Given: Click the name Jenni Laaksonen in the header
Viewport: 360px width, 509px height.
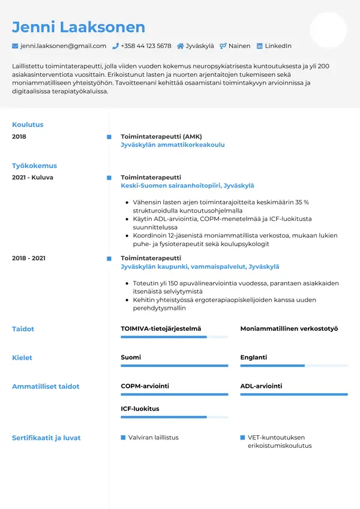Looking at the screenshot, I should [x=79, y=27].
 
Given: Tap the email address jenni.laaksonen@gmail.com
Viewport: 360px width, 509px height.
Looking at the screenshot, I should [x=63, y=46].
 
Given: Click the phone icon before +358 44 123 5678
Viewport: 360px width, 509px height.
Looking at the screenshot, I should [x=115, y=46].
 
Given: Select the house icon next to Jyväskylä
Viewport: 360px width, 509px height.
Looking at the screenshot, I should [x=180, y=46].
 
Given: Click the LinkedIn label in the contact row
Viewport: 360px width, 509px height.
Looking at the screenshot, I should [x=278, y=46].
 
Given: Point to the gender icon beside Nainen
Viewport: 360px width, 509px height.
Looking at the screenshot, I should [x=223, y=46].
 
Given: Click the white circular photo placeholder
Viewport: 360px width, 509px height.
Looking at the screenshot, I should [x=328, y=30].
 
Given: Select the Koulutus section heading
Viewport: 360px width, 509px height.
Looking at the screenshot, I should [x=28, y=125].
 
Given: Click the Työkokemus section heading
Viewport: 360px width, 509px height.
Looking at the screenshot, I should [x=34, y=166].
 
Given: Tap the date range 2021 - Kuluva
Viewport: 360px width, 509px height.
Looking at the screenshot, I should [x=32, y=178].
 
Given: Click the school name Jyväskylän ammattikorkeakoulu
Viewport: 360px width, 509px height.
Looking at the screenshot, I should [x=173, y=145].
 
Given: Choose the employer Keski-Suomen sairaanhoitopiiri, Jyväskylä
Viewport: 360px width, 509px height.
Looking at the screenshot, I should [x=187, y=186].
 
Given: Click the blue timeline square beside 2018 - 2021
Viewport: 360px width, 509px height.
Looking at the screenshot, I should [x=109, y=258].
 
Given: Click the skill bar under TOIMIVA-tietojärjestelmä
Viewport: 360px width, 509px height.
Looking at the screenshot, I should [x=174, y=337].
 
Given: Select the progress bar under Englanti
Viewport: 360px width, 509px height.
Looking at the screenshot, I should [x=294, y=366].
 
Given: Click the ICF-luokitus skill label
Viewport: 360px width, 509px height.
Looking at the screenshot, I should [x=140, y=409].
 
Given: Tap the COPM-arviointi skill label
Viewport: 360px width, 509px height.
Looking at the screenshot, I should [x=145, y=386].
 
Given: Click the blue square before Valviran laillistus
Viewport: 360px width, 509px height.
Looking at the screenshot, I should [x=123, y=438].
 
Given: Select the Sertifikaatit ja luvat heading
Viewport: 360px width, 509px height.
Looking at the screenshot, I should [x=46, y=438].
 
